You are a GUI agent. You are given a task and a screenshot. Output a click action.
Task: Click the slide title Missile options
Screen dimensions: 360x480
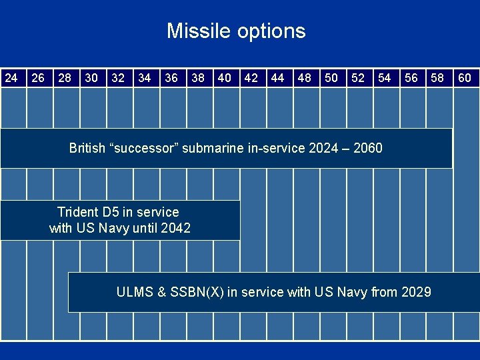tap(236, 31)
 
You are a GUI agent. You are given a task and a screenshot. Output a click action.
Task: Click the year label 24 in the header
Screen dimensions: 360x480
tap(11, 78)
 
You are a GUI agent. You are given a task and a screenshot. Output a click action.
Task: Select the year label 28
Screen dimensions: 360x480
tap(65, 78)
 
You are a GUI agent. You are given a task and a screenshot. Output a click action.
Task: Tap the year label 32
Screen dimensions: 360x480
tap(118, 78)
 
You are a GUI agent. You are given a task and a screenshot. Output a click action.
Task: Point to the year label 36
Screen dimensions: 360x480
tap(171, 78)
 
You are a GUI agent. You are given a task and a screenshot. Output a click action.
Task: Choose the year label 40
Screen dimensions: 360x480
tap(225, 78)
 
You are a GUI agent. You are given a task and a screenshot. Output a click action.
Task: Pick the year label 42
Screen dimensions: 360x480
tap(251, 78)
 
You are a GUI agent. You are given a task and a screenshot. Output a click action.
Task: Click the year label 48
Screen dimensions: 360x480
tap(305, 78)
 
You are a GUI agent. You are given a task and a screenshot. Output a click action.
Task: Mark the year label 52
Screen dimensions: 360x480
tap(358, 78)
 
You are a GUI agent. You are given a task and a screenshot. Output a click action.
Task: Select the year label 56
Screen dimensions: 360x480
tap(411, 78)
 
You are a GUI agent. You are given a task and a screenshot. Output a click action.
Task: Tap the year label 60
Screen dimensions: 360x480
tap(465, 78)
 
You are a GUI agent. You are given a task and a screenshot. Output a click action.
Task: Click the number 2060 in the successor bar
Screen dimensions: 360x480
tap(367, 148)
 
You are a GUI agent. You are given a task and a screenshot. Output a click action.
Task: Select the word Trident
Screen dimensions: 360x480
tap(77, 212)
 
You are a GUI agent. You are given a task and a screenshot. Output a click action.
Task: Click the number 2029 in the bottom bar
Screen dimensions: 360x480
tap(416, 292)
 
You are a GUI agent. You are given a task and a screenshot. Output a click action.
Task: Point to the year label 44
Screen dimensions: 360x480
tap(278, 78)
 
